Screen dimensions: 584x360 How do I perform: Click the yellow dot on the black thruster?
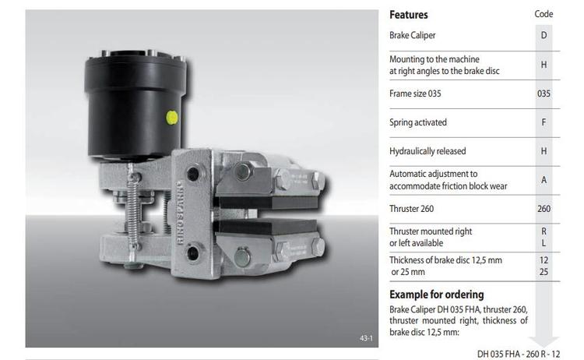coord(172,118)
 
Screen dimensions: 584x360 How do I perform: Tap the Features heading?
coord(409,15)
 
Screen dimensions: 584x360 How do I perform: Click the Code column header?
coord(544,14)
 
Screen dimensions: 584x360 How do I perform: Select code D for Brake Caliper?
coord(544,35)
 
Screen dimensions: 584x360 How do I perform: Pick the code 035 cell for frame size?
coord(544,94)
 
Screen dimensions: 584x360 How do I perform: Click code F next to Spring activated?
coord(544,122)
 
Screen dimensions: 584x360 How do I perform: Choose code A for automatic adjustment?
coord(544,180)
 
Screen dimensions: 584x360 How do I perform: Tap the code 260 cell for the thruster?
coord(544,209)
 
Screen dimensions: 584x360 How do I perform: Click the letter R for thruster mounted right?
coord(544,231)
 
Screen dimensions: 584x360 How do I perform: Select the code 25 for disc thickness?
coord(544,272)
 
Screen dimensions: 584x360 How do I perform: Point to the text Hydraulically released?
coord(427,151)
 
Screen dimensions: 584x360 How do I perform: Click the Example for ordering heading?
coord(437,295)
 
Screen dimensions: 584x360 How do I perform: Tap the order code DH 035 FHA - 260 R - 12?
coord(519,354)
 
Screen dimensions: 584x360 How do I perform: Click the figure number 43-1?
coord(366,338)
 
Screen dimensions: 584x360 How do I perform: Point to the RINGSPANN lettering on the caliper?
coord(181,213)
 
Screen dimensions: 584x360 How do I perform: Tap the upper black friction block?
coord(268,203)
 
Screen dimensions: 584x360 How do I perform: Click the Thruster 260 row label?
coord(412,209)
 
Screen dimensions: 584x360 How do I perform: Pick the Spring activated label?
coord(418,122)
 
